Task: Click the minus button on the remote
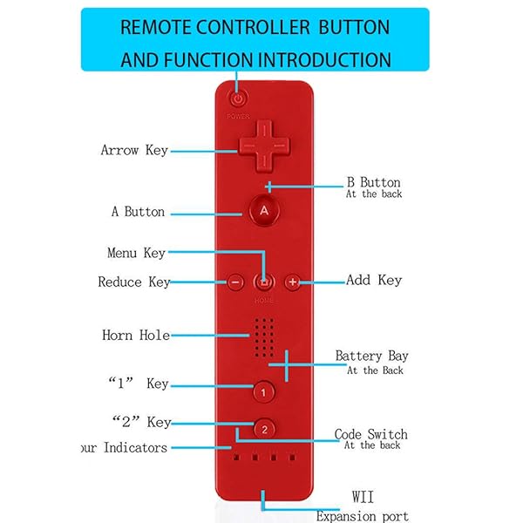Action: (235, 282)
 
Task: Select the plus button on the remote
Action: (293, 282)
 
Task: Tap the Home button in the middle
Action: (264, 282)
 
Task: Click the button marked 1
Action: (264, 392)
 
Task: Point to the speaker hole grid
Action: (265, 336)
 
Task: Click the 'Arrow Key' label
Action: (134, 150)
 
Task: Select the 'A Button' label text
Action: (138, 212)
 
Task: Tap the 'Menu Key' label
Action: (135, 254)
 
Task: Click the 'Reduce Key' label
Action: (133, 282)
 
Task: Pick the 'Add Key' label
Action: (374, 281)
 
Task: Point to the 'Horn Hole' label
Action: (135, 335)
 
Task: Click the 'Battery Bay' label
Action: (372, 357)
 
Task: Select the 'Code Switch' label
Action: (371, 434)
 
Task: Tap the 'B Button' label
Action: (373, 183)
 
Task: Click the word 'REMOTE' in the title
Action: (156, 26)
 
